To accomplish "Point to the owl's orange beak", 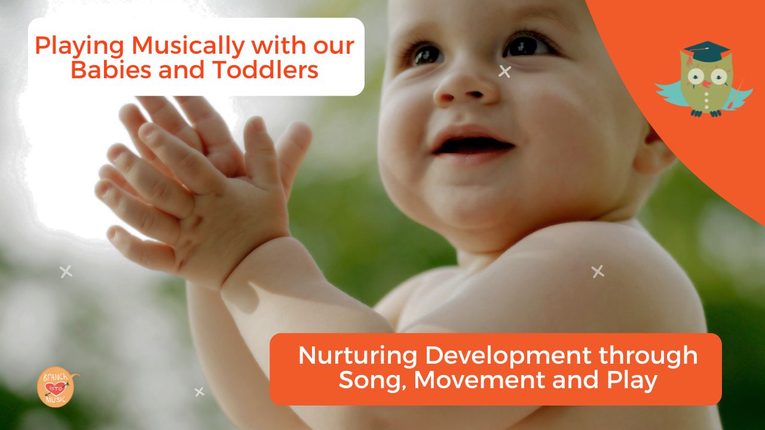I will tap(706, 84).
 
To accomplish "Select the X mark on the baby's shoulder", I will tap(598, 272).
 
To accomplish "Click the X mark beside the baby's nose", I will tap(505, 72).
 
